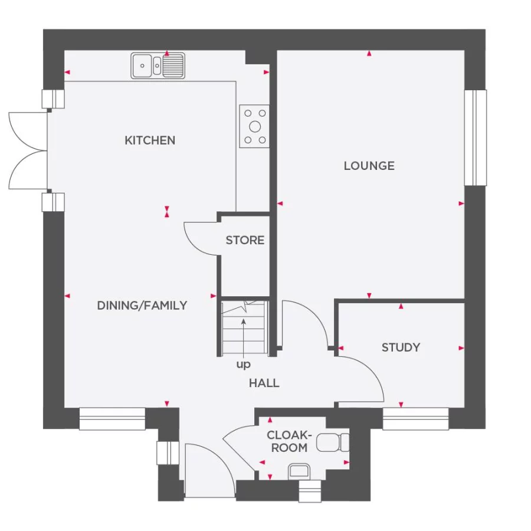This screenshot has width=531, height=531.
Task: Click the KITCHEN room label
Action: point(150,140)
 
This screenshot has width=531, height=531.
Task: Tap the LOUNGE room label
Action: point(369,166)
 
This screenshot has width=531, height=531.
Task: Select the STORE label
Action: point(245,240)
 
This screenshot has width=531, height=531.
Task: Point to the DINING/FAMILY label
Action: point(142,305)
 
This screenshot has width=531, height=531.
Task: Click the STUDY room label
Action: point(401,348)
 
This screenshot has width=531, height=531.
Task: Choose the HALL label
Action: point(264,383)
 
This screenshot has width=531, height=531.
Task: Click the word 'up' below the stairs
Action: point(243,365)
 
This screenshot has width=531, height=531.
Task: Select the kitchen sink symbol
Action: point(158,65)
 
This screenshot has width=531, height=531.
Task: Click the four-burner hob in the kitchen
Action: point(254,126)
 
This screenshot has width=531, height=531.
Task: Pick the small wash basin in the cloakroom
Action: point(299,470)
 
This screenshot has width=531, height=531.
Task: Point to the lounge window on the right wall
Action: point(476,137)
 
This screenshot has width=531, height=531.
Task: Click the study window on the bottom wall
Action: point(415,419)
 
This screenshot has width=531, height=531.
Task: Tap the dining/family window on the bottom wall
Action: point(112,419)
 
